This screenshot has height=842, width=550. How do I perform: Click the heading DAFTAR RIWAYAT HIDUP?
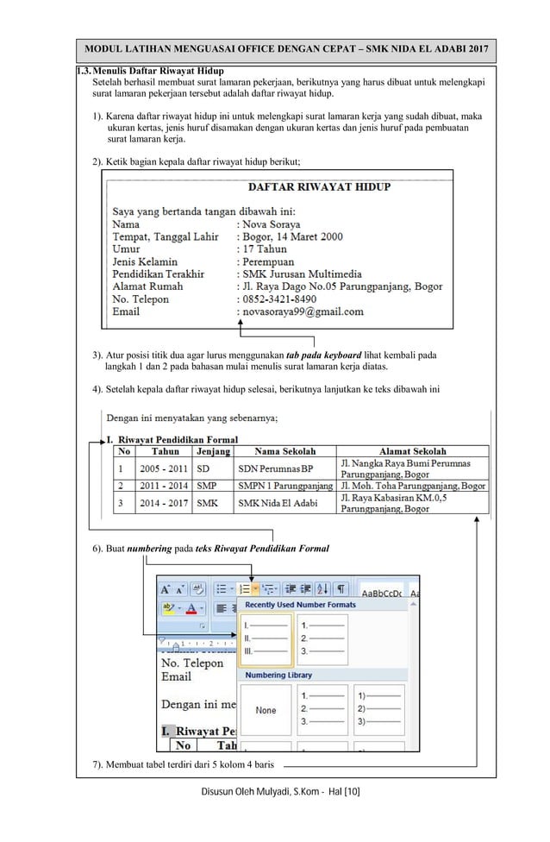(319, 186)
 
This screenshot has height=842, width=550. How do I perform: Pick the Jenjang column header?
(213, 450)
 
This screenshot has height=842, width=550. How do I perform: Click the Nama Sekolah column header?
(284, 450)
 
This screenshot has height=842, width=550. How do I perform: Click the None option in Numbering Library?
(266, 710)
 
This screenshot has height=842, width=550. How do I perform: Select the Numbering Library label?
(278, 675)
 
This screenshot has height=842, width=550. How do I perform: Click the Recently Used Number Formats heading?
(300, 605)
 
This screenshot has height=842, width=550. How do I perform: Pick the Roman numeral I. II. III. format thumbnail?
(266, 639)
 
